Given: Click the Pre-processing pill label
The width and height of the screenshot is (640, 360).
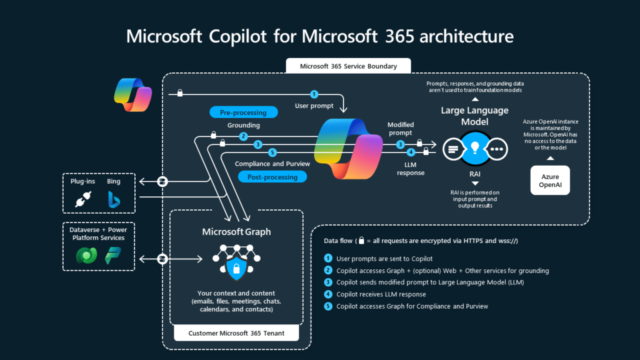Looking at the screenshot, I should (242, 112).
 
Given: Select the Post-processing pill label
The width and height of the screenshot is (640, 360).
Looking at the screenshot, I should (272, 177).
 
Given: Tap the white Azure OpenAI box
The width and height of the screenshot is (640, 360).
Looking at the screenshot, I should (549, 180).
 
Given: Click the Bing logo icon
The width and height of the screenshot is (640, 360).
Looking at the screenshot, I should (114, 199).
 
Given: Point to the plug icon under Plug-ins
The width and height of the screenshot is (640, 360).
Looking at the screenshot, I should (82, 199).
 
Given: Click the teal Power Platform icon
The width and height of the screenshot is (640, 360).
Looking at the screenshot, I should (113, 256).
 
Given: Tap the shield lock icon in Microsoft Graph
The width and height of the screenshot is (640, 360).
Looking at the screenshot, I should (236, 269).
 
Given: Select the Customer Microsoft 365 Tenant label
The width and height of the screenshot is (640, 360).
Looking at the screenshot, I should (236, 333).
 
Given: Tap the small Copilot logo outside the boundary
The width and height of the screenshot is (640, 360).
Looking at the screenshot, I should (132, 94).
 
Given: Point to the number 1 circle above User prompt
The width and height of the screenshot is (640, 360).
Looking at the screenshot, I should (314, 94).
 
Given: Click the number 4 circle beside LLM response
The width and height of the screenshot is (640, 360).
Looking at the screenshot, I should (411, 152).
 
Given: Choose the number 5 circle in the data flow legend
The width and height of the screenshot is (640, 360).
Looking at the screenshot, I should (328, 306).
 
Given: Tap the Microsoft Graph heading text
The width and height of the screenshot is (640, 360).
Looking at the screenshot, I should (236, 232).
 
